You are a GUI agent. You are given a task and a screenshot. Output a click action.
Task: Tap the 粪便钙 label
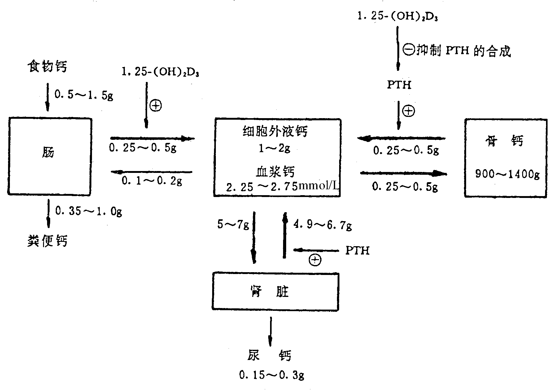(47, 241)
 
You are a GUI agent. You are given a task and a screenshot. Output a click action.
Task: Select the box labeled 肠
(49, 156)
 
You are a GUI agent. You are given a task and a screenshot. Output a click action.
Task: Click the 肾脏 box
(275, 292)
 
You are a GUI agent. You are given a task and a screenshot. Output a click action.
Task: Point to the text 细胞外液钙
(275, 132)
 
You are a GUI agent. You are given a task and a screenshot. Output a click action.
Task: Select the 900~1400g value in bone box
(507, 174)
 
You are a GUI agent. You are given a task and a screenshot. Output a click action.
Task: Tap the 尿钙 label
(269, 356)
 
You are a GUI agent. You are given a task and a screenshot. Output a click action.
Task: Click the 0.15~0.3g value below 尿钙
(271, 375)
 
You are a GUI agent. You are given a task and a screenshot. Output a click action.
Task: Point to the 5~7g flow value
(233, 224)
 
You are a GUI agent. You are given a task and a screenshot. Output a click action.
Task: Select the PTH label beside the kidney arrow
(357, 251)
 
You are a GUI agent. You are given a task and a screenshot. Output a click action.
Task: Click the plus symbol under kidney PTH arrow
(315, 260)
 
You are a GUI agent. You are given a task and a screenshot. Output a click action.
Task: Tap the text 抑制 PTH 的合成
(463, 51)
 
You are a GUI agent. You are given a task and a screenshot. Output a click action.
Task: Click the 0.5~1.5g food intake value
(84, 94)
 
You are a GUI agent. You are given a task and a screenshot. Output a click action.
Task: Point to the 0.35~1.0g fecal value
(88, 211)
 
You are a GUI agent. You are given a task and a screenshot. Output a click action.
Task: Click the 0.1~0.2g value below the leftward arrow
(152, 181)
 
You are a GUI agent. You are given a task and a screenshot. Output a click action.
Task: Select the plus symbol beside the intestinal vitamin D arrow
(155, 106)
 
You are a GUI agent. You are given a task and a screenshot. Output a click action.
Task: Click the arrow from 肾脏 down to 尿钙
(270, 331)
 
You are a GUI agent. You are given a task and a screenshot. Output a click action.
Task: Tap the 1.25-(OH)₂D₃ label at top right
(397, 16)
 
